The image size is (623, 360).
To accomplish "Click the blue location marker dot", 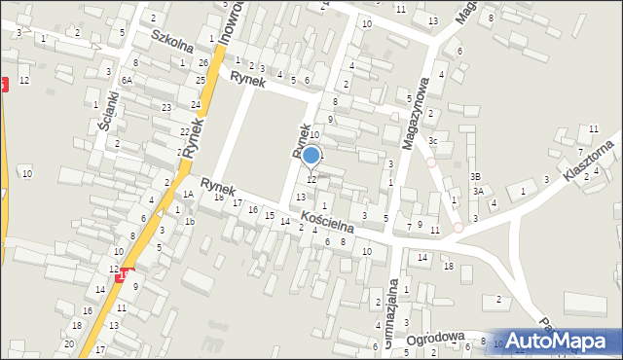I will tap(311, 155).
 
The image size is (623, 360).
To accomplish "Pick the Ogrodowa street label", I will tap(433, 340).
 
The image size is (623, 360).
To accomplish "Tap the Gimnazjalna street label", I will tap(391, 311).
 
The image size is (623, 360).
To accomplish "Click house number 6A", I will tap(127, 81).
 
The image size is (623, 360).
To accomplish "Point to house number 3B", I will tap(475, 176).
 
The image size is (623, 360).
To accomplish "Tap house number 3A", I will tap(478, 192).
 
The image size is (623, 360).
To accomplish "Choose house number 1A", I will tap(188, 195).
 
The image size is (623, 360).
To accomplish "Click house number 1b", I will tap(190, 222).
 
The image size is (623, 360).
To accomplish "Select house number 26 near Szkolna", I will tap(203, 63).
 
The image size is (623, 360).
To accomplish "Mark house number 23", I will tap(166, 107).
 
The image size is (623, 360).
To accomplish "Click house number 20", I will tap(68, 344).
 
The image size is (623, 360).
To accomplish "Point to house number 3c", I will tap(432, 142).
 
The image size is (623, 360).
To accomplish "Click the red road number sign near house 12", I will tap(124, 276).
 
